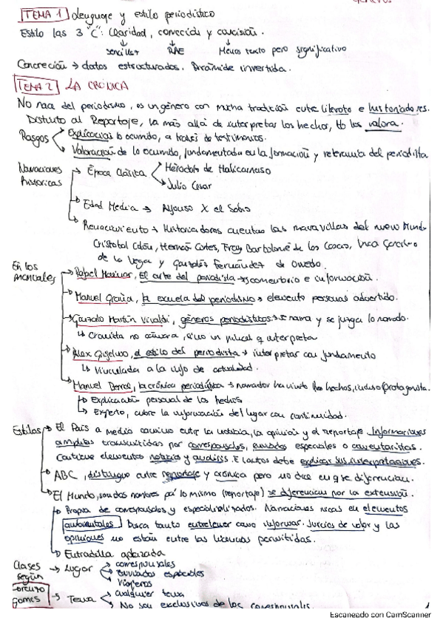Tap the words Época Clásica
(111, 172)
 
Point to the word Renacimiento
(115, 222)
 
